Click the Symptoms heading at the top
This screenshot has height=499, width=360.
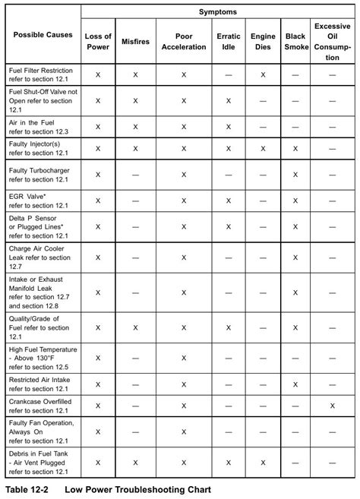pyautogui.click(x=218, y=12)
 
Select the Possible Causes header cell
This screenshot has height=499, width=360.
pyautogui.click(x=43, y=35)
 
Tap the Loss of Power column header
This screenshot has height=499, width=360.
pyautogui.click(x=98, y=41)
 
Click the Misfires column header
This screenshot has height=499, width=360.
pyautogui.click(x=135, y=41)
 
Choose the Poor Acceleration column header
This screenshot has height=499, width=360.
pyautogui.click(x=184, y=41)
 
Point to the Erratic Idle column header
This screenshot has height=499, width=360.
pyautogui.click(x=228, y=41)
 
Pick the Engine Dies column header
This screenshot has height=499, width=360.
pyautogui.click(x=263, y=41)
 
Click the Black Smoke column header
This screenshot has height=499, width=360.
pyautogui.click(x=296, y=41)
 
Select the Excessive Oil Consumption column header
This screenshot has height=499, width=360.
pyautogui.click(x=332, y=41)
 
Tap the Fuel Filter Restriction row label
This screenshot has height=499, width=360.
pyautogui.click(x=43, y=74)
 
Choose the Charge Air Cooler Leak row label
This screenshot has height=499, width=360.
pyautogui.click(x=42, y=257)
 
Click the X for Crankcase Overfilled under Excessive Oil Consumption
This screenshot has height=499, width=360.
pyautogui.click(x=332, y=406)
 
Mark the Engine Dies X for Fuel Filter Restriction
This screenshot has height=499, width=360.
pyautogui.click(x=263, y=75)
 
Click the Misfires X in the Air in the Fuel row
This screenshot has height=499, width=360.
pyautogui.click(x=135, y=126)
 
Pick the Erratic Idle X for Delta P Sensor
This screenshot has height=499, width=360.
pyautogui.click(x=228, y=226)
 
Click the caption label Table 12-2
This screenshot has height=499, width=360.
pyautogui.click(x=27, y=489)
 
